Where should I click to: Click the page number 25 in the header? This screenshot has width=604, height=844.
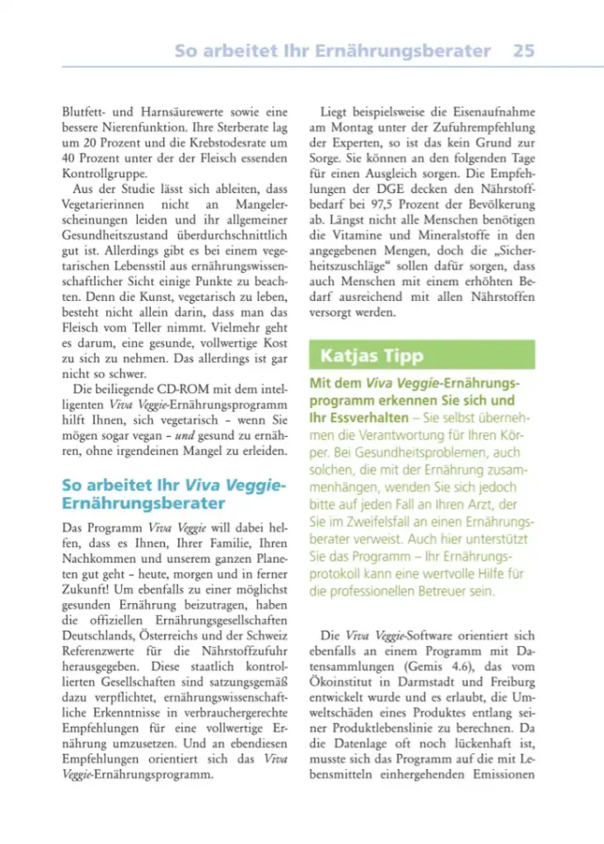(x=523, y=50)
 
